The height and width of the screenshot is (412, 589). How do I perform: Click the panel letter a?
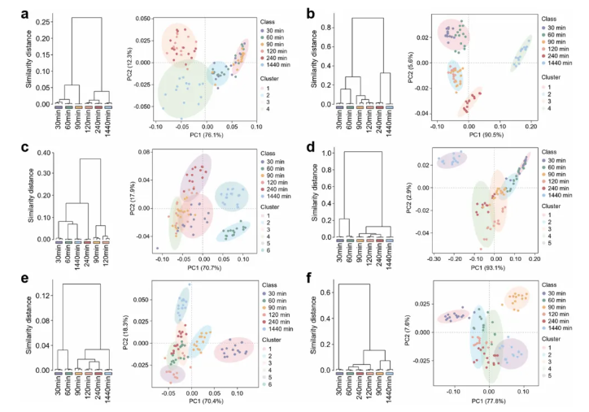pos(11,13)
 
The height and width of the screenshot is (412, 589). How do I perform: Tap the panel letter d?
pos(308,147)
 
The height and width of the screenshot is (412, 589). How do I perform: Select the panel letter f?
pos(308,279)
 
